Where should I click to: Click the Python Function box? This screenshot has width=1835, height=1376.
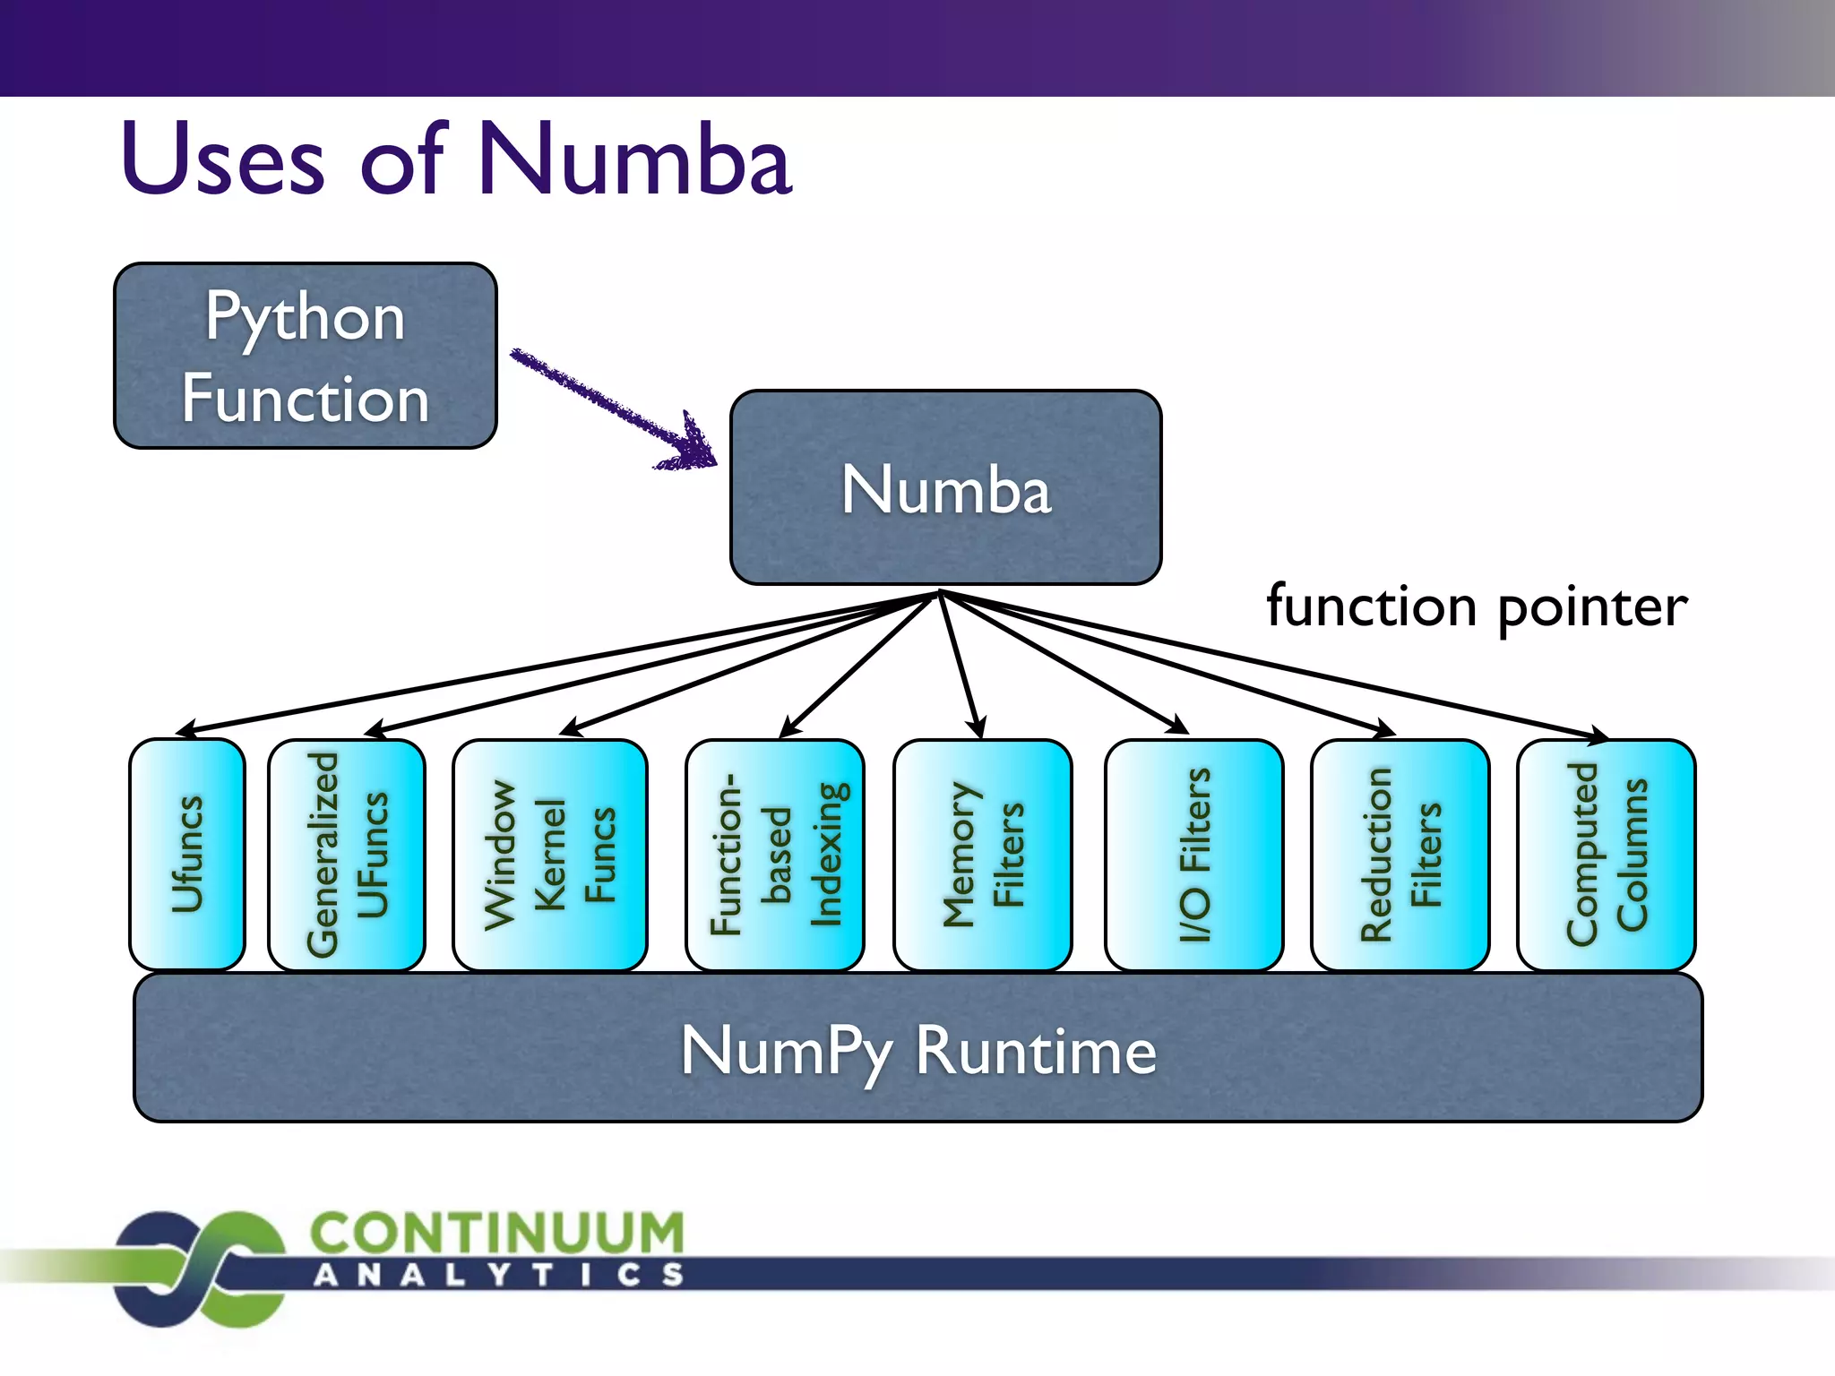point(305,357)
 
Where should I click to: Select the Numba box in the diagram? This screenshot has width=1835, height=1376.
point(945,488)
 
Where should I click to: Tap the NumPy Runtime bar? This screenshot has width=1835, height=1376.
point(917,1048)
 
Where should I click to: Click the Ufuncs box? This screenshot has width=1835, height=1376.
point(187,854)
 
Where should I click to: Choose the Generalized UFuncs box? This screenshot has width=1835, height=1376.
point(347,854)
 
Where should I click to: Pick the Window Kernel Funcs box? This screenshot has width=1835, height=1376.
point(549,854)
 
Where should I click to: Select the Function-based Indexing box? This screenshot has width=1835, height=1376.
point(775,854)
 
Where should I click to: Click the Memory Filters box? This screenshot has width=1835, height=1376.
point(983,854)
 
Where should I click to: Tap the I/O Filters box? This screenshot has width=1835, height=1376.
point(1193,854)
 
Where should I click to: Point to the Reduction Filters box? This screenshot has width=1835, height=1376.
point(1400,854)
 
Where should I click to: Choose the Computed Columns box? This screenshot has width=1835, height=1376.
point(1606,854)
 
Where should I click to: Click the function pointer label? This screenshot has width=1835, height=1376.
point(1477,606)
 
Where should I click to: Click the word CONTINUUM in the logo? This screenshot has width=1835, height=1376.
point(497,1233)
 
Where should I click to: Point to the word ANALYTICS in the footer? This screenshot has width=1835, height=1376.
point(498,1275)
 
